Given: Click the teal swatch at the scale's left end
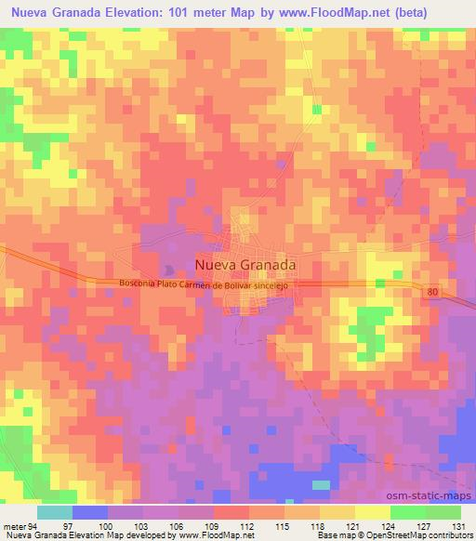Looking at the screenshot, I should (55, 511).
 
